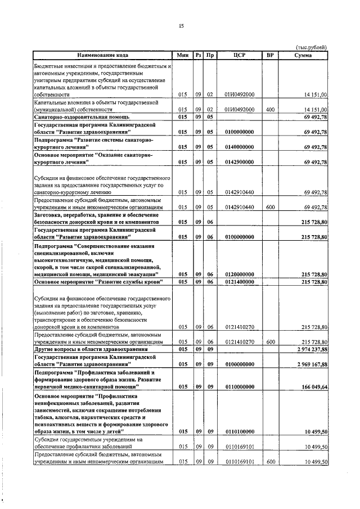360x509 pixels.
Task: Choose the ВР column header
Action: tap(270, 55)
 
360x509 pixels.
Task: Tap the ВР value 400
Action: tap(270, 109)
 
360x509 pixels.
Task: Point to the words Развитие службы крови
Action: tap(129, 281)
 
